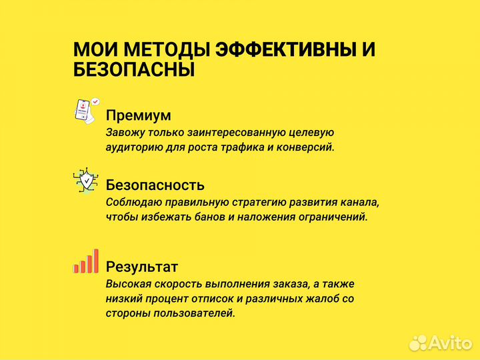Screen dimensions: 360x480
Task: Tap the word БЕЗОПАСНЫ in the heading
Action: coord(133,70)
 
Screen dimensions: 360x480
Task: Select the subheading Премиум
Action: coord(138,115)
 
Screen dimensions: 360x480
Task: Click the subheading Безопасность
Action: coord(155,185)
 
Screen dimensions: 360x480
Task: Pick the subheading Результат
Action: coord(142,267)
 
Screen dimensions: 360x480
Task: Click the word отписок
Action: coord(204,299)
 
